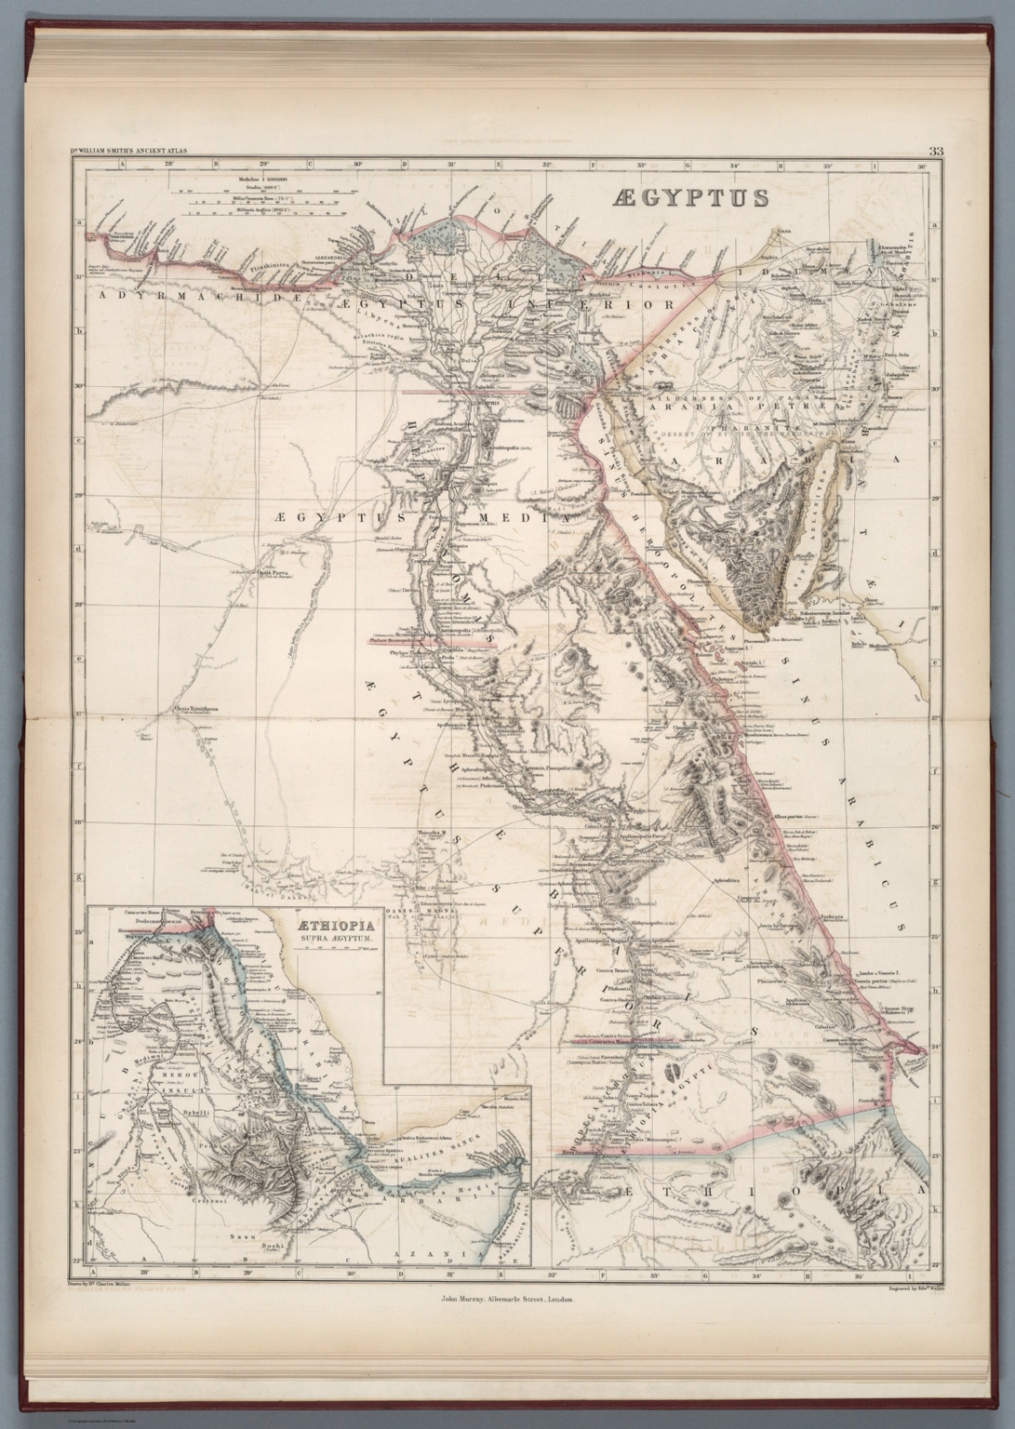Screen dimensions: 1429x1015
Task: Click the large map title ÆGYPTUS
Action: [x=689, y=197]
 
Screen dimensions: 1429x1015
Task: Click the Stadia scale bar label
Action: [x=236, y=186]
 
